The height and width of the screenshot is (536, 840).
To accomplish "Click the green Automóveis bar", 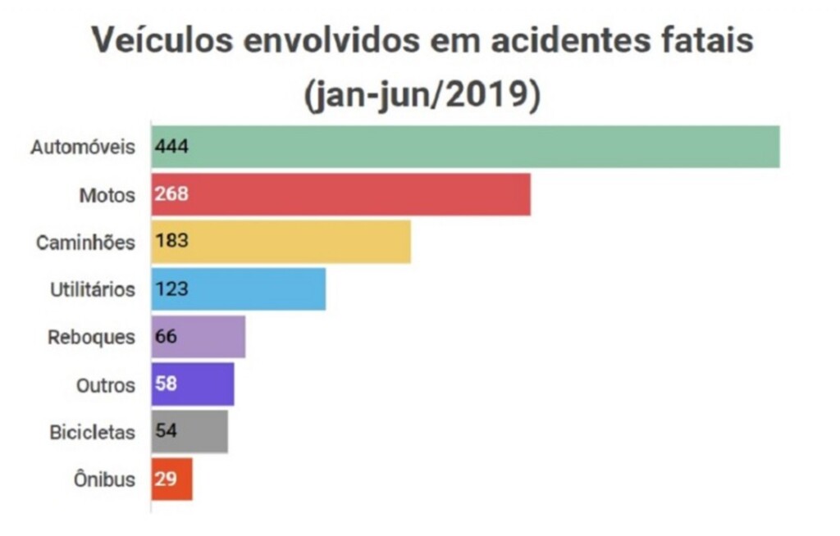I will [464, 148].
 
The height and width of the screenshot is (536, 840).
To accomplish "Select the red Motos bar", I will [340, 194].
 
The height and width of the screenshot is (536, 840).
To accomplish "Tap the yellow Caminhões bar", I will [281, 242].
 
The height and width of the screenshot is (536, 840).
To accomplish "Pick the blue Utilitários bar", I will [238, 288].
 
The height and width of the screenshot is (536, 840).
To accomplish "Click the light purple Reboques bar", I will [198, 336].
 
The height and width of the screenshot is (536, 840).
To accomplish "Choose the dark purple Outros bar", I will [193, 384].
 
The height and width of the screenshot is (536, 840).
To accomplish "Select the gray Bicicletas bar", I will [189, 431].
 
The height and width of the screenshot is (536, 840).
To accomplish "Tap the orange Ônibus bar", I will [171, 479].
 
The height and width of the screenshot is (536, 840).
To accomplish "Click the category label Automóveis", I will [82, 148].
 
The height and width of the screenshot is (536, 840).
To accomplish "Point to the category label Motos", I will [107, 195].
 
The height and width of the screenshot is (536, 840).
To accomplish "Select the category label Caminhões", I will [85, 243].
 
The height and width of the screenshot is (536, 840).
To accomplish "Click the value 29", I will [167, 479].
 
